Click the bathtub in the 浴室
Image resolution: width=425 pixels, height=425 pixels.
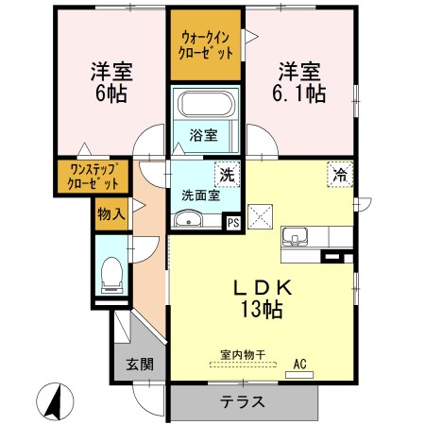tap(206, 104)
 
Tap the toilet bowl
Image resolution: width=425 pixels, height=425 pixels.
tap(111, 275)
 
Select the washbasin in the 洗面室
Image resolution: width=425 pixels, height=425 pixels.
tap(188, 218)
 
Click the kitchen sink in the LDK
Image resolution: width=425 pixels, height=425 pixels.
tap(295, 236)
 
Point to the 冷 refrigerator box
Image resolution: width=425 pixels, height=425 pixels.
tap(340, 174)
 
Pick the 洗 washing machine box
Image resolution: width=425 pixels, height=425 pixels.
tap(227, 174)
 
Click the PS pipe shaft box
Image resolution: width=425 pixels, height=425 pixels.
tap(233, 223)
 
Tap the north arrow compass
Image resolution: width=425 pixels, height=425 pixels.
tap(55, 401)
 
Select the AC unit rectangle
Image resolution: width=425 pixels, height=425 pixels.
tap(299, 375)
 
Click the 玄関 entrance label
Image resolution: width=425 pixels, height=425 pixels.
tap(140, 365)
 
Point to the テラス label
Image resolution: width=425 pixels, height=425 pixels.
tap(242, 401)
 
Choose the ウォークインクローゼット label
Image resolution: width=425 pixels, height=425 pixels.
tap(206, 46)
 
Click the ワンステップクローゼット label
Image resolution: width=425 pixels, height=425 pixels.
tap(93, 177)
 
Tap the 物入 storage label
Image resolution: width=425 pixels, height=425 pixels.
tap(111, 214)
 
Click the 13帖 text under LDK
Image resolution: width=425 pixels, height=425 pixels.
tap(262, 309)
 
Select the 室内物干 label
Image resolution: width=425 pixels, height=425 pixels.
tap(243, 355)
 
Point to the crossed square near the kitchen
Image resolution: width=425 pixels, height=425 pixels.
tap(260, 217)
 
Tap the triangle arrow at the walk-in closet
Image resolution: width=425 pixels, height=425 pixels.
tap(251, 37)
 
